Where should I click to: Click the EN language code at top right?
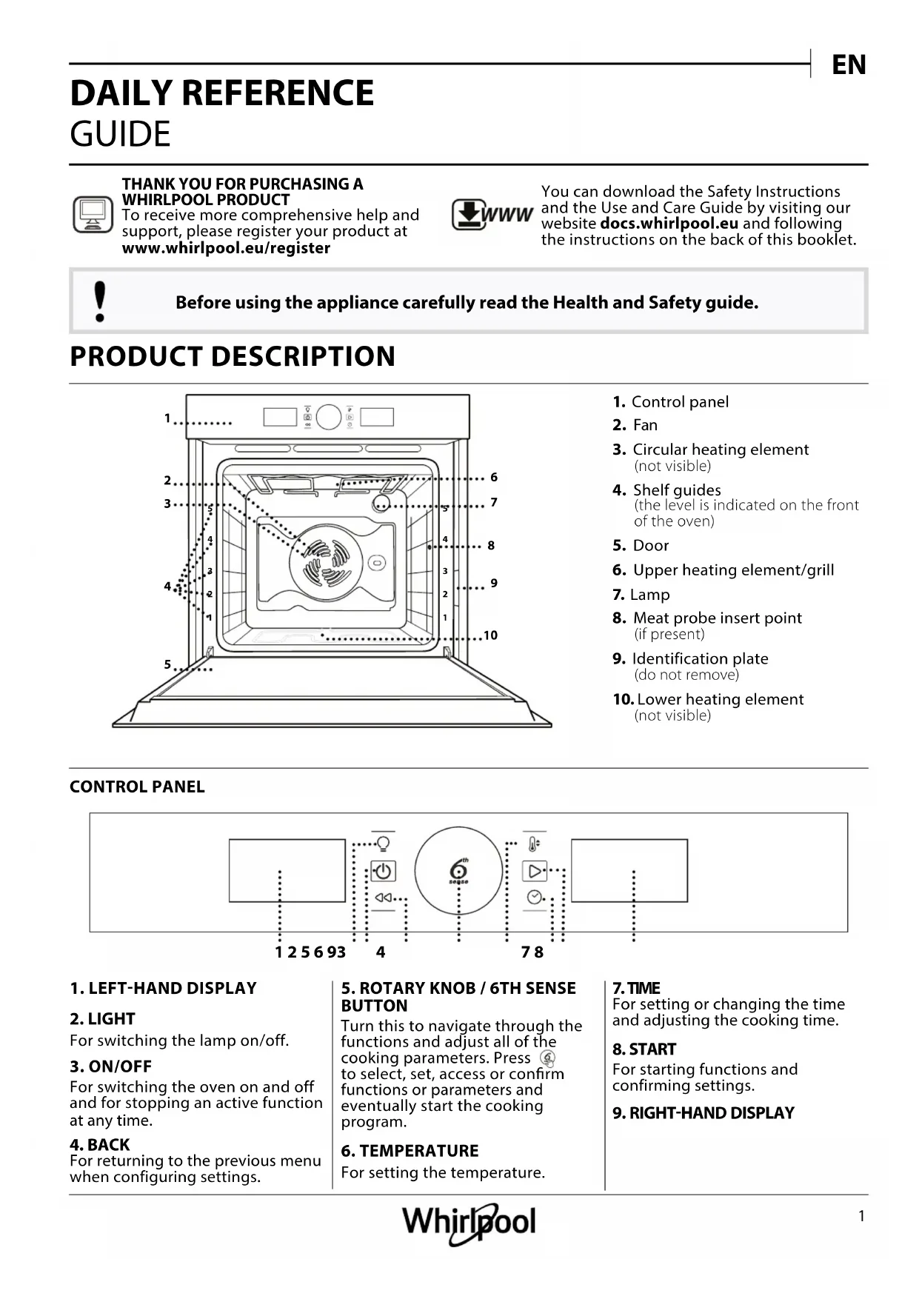[849, 65]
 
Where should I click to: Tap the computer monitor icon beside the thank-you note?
[93, 215]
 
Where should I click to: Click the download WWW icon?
[492, 215]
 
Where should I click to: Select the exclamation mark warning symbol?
[100, 301]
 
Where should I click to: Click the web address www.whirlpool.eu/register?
[226, 248]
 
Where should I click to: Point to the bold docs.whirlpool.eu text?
[669, 224]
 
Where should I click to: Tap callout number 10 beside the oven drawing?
[490, 635]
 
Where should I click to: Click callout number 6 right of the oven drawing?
[494, 478]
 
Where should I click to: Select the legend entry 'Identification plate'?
[700, 658]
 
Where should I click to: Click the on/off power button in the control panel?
[383, 871]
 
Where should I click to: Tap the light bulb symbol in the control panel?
[384, 844]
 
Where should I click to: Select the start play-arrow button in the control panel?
[534, 871]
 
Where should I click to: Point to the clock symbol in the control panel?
[534, 898]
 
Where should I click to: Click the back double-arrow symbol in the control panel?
[383, 898]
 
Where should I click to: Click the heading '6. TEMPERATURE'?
[410, 1151]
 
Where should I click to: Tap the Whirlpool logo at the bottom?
[469, 1222]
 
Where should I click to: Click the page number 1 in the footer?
[861, 1216]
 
